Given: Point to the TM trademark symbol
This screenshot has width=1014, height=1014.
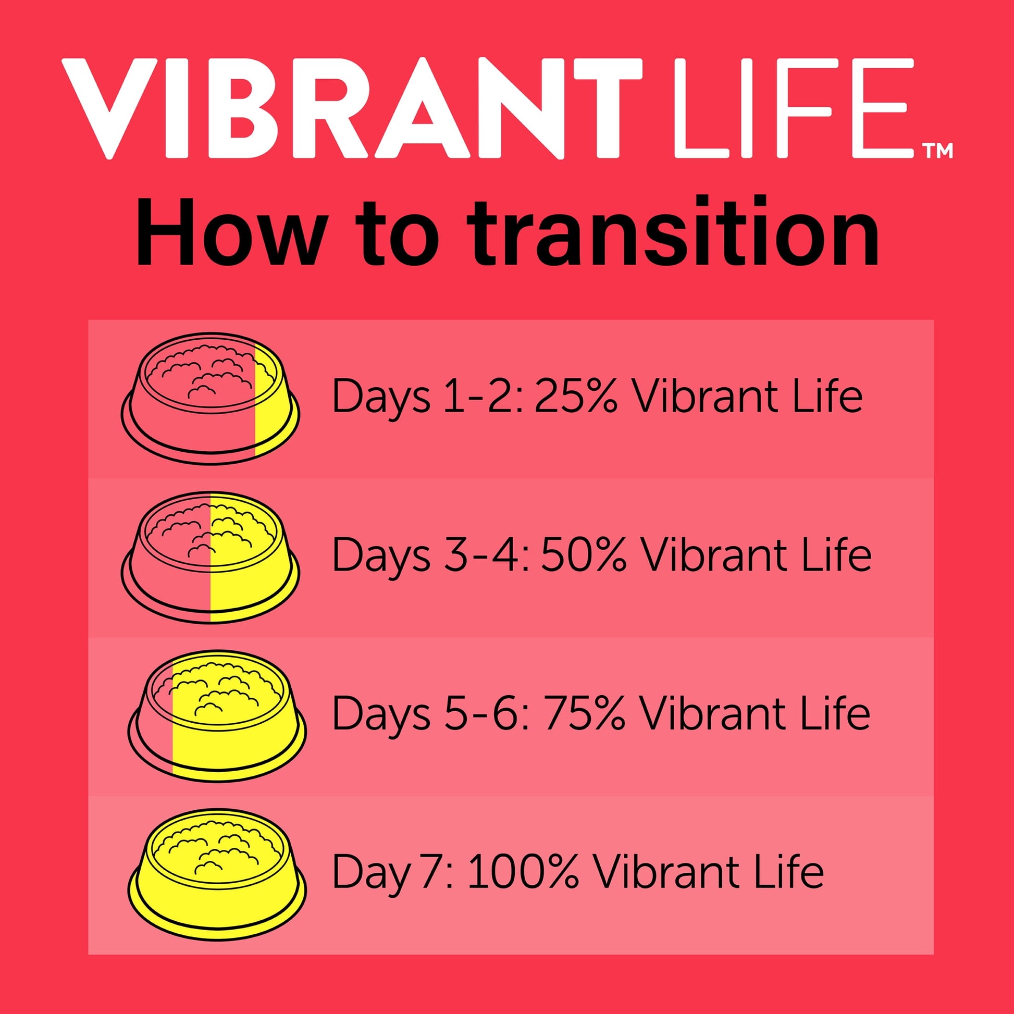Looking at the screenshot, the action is coord(937,152).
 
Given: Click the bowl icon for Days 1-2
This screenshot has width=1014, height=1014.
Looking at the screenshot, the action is coord(211,400).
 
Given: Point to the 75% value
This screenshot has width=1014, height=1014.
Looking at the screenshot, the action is coord(585,714).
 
